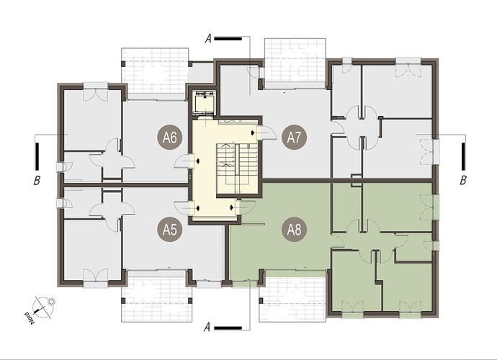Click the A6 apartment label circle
(170, 138)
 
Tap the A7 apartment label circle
(294, 138)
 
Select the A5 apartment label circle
(170, 230)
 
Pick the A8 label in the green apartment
(294, 230)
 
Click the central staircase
(237, 168)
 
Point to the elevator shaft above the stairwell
(205, 103)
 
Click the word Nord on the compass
(30, 317)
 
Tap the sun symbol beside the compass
(51, 302)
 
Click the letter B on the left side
(37, 181)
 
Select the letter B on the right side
(463, 181)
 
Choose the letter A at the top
(208, 39)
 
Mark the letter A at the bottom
(207, 327)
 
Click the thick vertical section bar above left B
(37, 156)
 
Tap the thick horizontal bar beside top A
(228, 39)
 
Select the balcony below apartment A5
(157, 297)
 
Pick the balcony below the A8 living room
(292, 297)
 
